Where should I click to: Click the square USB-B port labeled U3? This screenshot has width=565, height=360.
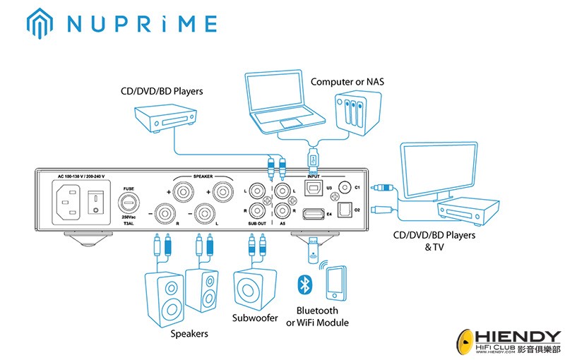click(x=312, y=188)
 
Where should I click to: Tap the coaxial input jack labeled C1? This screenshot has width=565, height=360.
click(x=346, y=187)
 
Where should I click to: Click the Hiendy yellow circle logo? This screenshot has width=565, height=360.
click(x=469, y=342)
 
